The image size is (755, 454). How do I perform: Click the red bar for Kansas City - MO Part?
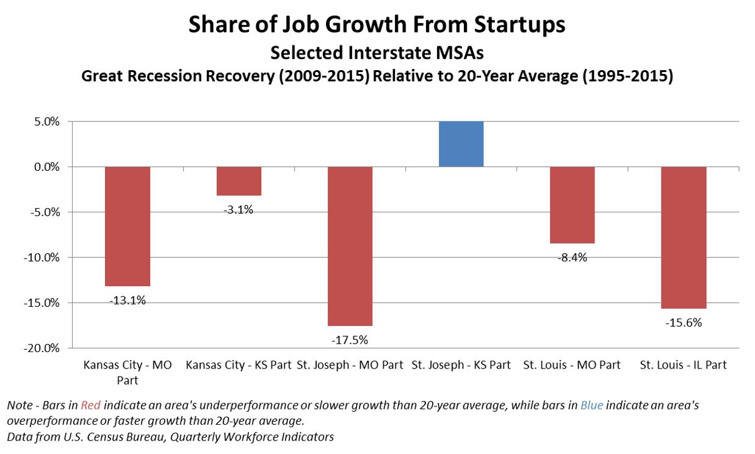pyautogui.click(x=128, y=226)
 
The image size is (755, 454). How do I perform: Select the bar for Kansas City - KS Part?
pyautogui.click(x=239, y=181)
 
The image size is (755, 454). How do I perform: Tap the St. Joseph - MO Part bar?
pyautogui.click(x=350, y=246)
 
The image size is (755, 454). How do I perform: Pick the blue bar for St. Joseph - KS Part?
pyautogui.click(x=461, y=144)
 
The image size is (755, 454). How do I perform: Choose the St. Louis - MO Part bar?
pyautogui.click(x=572, y=204)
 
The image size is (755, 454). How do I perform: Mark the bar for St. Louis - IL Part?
pyautogui.click(x=684, y=237)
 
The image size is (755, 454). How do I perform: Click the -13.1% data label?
pyautogui.click(x=128, y=300)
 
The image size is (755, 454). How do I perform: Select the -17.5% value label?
pyautogui.click(x=350, y=340)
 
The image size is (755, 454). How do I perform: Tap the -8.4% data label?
pyautogui.click(x=572, y=258)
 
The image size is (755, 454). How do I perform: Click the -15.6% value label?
pyautogui.click(x=684, y=323)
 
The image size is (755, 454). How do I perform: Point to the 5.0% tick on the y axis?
pyautogui.click(x=46, y=122)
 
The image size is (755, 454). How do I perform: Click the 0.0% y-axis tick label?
pyautogui.click(x=46, y=167)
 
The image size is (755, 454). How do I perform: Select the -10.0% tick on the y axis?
pyautogui.click(x=43, y=258)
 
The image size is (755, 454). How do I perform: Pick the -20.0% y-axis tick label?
pyautogui.click(x=43, y=348)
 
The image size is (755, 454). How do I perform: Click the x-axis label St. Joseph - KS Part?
pyautogui.click(x=461, y=366)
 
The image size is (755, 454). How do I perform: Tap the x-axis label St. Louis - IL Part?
pyautogui.click(x=684, y=366)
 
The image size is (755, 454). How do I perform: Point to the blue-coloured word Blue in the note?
pyautogui.click(x=591, y=405)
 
